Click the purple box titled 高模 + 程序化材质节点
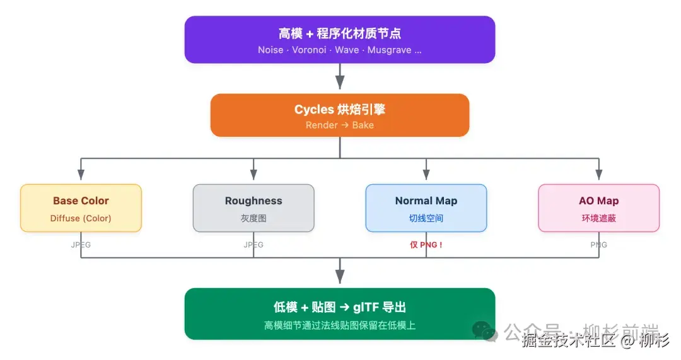[339, 39]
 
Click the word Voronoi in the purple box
[309, 50]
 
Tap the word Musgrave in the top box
[389, 50]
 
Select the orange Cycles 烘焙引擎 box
[339, 115]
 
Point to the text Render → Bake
[339, 125]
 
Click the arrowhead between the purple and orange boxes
[340, 83]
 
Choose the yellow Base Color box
[81, 208]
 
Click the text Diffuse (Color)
[81, 218]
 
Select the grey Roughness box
[253, 208]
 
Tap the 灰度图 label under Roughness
[253, 218]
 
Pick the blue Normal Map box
[426, 208]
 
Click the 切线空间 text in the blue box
[426, 218]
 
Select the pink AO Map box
[598, 208]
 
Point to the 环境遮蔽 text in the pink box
[598, 218]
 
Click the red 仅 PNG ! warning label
[426, 245]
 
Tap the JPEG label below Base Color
[81, 245]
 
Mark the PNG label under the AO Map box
[598, 245]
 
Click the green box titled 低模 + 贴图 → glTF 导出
[339, 313]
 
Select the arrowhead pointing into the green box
[340, 277]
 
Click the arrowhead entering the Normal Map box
[426, 174]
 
